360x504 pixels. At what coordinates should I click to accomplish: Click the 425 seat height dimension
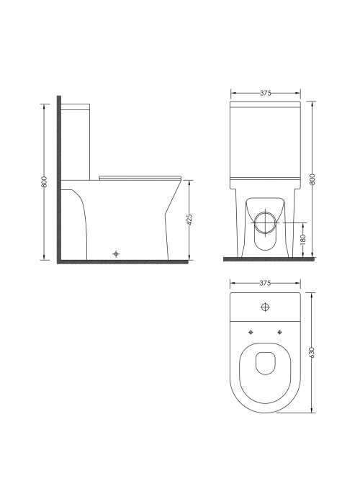pos(189,220)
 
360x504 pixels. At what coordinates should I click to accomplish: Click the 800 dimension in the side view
pos(45,182)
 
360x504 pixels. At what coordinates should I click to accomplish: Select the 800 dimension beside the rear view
pos(312,179)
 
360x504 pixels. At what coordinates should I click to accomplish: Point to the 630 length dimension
pos(312,353)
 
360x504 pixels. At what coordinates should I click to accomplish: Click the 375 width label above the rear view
pos(266,93)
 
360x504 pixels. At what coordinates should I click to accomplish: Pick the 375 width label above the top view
pos(265,283)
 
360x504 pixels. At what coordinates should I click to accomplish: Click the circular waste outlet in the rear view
pos(265,222)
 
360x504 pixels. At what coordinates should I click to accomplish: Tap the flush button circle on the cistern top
pos(265,307)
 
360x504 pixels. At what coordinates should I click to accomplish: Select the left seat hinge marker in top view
pos(251,332)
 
